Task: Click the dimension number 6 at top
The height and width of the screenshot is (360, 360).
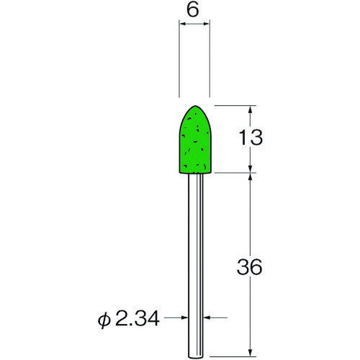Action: pyautogui.click(x=193, y=11)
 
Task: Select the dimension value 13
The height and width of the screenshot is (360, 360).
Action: pyautogui.click(x=251, y=138)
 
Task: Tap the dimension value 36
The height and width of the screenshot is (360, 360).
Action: pyautogui.click(x=249, y=267)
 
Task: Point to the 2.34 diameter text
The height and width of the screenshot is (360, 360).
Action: pyautogui.click(x=138, y=318)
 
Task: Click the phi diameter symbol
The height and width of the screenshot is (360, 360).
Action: pyautogui.click(x=104, y=320)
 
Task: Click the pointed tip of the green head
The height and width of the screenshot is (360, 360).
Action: pyautogui.click(x=195, y=106)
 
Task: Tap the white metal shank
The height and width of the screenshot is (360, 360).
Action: pyautogui.click(x=196, y=266)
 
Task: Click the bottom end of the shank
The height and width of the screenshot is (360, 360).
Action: pyautogui.click(x=196, y=358)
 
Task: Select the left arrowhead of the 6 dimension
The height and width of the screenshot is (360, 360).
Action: pyautogui.click(x=183, y=24)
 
